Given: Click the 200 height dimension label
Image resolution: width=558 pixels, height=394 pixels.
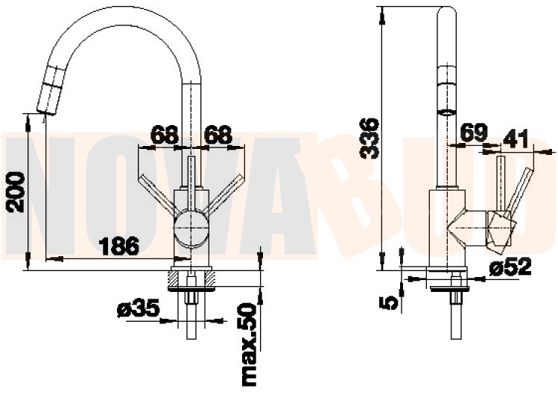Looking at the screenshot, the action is [16, 192].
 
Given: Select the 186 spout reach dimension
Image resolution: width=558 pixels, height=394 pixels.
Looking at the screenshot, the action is [118, 246].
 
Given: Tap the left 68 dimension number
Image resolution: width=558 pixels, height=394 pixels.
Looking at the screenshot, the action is [164, 135].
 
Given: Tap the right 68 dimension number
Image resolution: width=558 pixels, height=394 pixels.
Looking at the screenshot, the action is [218, 135].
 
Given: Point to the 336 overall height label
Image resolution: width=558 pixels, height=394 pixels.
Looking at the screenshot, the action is [370, 138].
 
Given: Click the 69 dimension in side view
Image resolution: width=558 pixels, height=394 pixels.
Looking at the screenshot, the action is [473, 133].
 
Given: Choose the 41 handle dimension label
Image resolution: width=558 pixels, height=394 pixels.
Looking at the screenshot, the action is [516, 139].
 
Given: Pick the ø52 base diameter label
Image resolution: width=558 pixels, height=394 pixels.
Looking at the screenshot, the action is [510, 266].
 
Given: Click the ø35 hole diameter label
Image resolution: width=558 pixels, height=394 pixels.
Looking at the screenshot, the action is [138, 308].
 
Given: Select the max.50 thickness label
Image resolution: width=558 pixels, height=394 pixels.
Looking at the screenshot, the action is [249, 345].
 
